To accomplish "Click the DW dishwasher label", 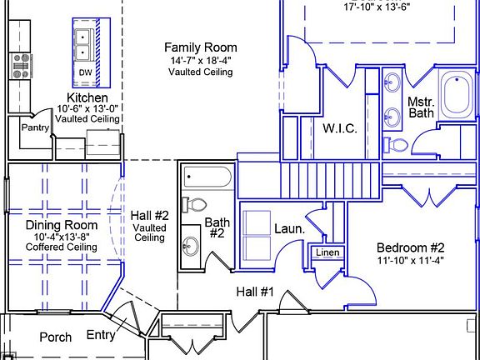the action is [85, 72].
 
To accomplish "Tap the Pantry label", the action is [35, 127].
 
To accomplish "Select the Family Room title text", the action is [201, 47].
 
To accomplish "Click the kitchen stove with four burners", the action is [21, 66].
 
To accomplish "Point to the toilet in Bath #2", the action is [194, 204].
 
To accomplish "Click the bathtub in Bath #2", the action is [207, 177].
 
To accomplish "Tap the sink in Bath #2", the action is [190, 246].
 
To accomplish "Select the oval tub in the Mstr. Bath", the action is [457, 94].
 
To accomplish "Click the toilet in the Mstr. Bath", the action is [396, 145].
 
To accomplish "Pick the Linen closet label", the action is [327, 252].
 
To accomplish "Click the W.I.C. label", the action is [340, 128].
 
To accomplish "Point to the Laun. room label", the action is [290, 228].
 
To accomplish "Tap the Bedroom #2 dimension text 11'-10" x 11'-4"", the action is [410, 261].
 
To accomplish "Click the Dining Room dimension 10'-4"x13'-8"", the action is [62, 237].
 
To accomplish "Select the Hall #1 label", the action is [255, 292].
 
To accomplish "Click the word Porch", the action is [56, 337].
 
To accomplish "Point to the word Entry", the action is [101, 335].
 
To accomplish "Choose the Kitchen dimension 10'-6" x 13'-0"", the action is [87, 108].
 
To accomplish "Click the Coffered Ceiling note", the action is [62, 247].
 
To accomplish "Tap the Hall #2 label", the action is [150, 216].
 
